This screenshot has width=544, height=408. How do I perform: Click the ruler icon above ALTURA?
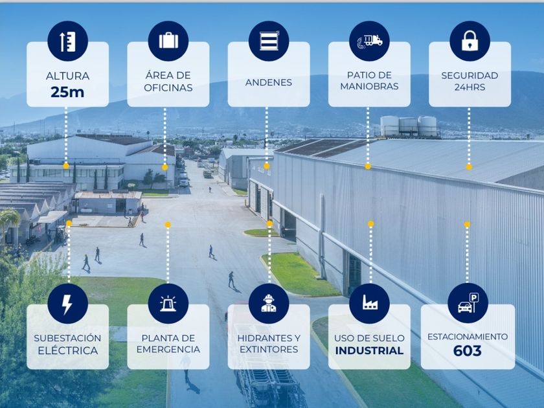67,41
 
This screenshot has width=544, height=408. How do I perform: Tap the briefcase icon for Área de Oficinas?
168,41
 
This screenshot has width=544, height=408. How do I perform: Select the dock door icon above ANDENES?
268,41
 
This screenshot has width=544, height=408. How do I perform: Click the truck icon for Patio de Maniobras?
369,41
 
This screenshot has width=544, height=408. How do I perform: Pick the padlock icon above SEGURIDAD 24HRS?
470,41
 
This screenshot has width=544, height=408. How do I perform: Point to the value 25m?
67,92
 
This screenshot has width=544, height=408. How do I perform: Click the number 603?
468,351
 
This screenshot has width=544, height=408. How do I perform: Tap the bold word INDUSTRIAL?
369,351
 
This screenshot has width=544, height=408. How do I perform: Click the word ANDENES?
268,83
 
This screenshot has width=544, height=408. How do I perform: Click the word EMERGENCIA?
168,350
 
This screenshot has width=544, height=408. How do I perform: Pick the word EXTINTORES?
268,350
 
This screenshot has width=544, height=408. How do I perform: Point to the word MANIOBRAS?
369,87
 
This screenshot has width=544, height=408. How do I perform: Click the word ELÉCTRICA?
67,351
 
